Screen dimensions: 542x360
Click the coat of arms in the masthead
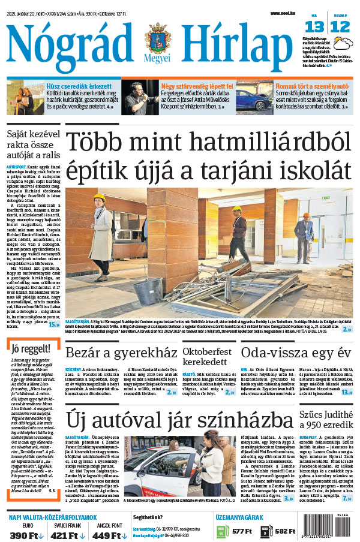coord(158,40)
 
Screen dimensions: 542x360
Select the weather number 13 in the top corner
coord(315,26)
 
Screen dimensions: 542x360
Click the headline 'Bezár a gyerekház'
coord(121,352)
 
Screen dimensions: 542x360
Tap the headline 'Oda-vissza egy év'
coord(295,352)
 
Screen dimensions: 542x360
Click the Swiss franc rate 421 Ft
coord(66,534)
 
